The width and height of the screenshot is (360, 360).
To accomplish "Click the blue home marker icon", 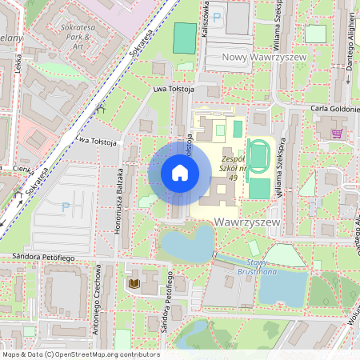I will [x=179, y=172].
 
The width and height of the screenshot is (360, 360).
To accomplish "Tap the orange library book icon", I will [x=134, y=284].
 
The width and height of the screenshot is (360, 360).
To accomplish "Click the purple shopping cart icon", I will [x=337, y=134].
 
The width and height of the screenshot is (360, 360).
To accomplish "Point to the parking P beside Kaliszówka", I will [x=217, y=17].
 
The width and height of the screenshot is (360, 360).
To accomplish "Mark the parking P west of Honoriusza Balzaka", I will [x=66, y=207].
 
